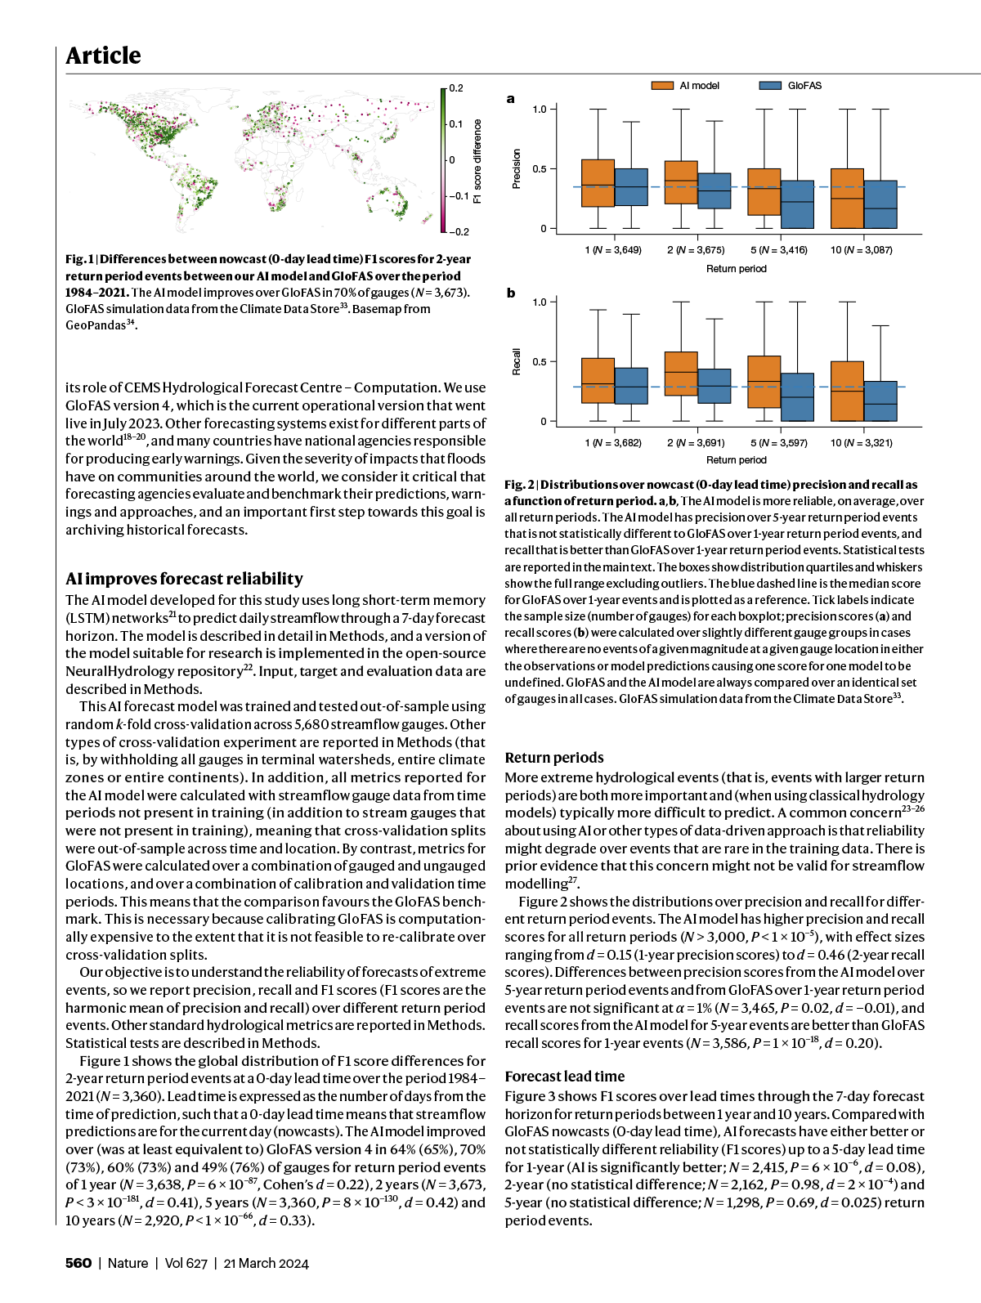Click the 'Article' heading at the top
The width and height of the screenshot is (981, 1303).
[x=103, y=56]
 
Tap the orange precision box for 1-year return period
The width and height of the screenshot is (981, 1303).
[x=598, y=183]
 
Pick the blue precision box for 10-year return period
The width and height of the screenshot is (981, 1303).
[x=880, y=204]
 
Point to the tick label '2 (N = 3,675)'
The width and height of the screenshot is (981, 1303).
[x=696, y=250]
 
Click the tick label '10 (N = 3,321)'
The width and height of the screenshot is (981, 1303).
[x=862, y=443]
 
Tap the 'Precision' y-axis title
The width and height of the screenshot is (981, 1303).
[x=516, y=169]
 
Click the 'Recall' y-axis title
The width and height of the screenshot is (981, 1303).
[x=516, y=361]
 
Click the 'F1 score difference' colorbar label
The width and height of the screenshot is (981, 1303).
[x=478, y=161]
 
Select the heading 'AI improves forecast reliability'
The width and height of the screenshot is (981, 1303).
[x=184, y=579]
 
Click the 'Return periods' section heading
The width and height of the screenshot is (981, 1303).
[x=554, y=758]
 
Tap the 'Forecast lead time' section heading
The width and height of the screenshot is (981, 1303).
[x=564, y=1077]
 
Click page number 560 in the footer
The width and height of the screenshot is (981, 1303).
[x=78, y=1263]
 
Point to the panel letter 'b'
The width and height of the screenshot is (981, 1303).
[x=511, y=293]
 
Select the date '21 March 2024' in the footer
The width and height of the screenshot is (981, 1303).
[x=266, y=1263]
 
